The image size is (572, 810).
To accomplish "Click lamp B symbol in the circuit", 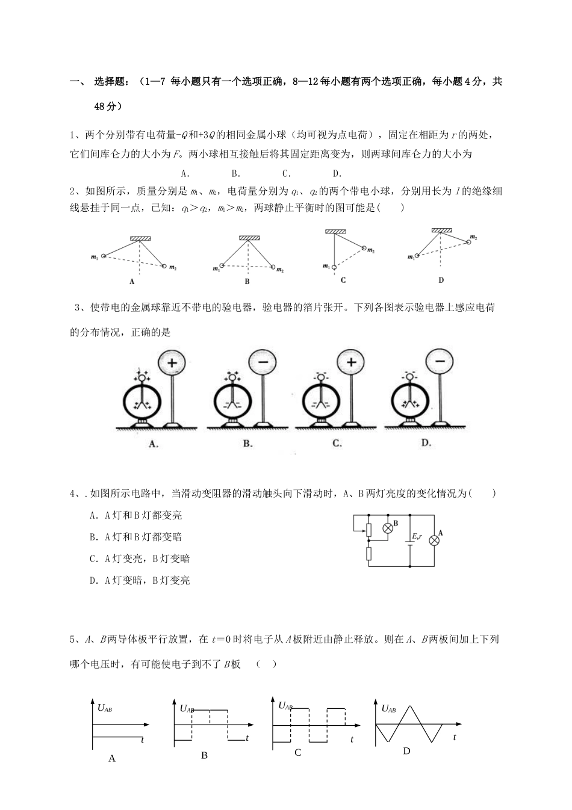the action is pos(388,527).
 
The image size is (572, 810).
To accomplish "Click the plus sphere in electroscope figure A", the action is pos(172,363).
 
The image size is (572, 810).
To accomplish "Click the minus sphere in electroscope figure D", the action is pos(440,362).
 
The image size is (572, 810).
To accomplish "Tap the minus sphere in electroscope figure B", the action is pos(263,363).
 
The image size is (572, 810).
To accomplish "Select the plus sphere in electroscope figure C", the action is pos(352,362).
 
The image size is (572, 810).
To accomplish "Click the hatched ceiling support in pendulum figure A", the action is pos(140,239).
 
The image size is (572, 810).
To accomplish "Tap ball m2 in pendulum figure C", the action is pos(364,247).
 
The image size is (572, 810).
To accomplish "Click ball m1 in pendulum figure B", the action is pos(222,265).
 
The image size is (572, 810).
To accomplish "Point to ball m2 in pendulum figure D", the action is pos(468,241).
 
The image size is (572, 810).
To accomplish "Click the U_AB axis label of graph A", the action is pos(105,708).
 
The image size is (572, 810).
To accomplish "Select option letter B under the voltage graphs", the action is pos(204,755).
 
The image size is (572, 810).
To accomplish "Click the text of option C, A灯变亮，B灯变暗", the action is pos(140,558).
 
